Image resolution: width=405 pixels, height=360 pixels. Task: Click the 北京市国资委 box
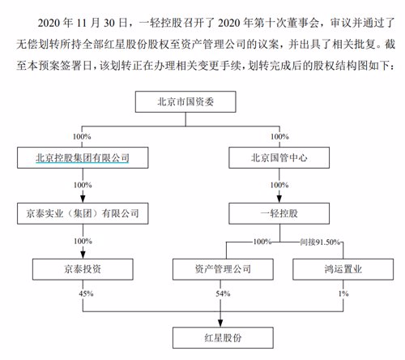(x=185, y=101)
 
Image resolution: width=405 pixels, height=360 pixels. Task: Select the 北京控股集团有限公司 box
(x=83, y=158)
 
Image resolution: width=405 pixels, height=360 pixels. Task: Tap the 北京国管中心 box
(x=279, y=158)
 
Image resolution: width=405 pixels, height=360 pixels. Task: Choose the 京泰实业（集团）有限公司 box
(x=83, y=213)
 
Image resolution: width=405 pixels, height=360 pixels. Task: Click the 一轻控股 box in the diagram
(x=279, y=213)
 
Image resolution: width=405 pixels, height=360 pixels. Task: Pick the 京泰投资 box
(x=83, y=269)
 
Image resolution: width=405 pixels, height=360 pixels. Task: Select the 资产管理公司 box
(x=223, y=269)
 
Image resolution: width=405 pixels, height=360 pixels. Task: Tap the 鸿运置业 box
(x=343, y=269)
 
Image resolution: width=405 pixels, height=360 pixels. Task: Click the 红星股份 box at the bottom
(x=223, y=337)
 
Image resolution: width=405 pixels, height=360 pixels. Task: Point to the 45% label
(x=86, y=294)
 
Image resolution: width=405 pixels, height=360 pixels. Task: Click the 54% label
(x=223, y=294)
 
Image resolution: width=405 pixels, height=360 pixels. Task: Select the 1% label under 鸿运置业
(x=343, y=294)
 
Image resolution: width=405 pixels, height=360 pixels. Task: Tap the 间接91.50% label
(x=320, y=242)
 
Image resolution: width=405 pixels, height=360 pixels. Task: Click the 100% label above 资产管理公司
(x=262, y=242)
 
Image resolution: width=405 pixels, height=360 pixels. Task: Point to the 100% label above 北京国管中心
(x=279, y=136)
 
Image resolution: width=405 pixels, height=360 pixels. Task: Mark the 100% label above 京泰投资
(x=83, y=241)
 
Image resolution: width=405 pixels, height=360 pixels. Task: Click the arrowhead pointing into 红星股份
(x=220, y=324)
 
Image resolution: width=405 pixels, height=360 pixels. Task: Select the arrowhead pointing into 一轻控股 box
(x=279, y=199)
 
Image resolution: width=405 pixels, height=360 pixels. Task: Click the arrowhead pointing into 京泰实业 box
(x=83, y=199)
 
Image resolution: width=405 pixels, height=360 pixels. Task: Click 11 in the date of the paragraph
(x=83, y=23)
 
